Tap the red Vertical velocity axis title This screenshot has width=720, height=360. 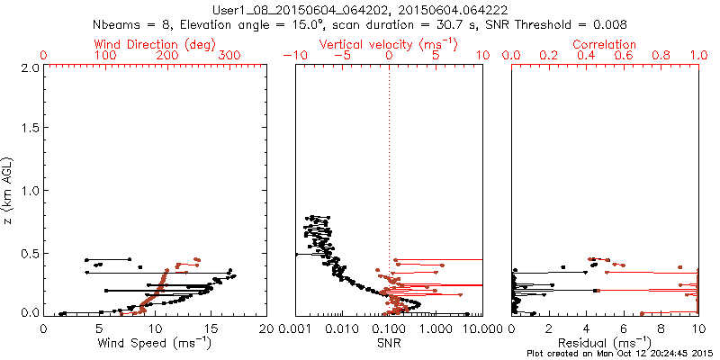(x=388, y=43)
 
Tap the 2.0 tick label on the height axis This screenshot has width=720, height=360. (x=30, y=67)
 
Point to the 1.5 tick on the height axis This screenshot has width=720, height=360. (x=30, y=129)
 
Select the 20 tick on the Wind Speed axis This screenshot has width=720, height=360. (x=265, y=328)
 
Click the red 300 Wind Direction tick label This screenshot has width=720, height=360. (x=229, y=56)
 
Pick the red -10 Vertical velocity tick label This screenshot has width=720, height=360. (x=292, y=56)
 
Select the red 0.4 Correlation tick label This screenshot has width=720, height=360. (x=586, y=56)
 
